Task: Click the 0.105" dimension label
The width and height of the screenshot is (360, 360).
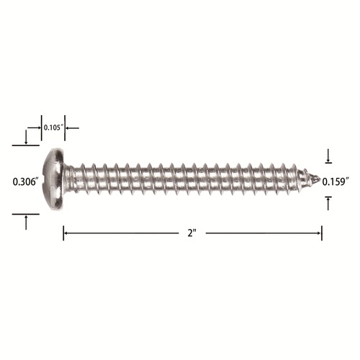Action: [x=53, y=127]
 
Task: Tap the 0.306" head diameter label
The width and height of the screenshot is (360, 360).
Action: [x=26, y=181]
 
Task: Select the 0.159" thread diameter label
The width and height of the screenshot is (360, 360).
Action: [x=335, y=181]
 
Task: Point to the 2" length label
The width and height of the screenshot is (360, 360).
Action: [x=192, y=233]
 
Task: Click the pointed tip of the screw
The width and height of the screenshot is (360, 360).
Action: [x=320, y=179]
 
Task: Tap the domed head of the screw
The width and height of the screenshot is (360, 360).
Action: [x=54, y=179]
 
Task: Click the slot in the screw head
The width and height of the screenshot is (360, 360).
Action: [x=45, y=179]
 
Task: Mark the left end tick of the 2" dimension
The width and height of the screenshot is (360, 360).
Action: [x=63, y=233]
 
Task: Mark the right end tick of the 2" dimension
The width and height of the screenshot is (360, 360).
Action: [x=322, y=233]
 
